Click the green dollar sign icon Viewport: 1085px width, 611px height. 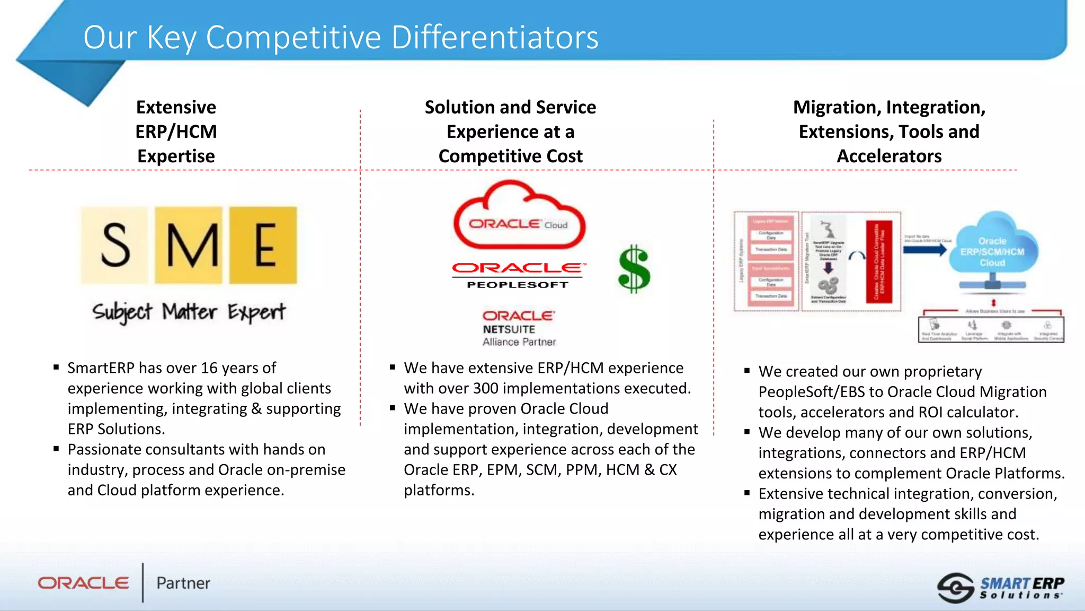[x=634, y=269]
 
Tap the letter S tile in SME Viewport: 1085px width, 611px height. [x=115, y=245]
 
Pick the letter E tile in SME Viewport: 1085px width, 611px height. [x=264, y=245]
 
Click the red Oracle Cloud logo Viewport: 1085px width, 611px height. [x=519, y=217]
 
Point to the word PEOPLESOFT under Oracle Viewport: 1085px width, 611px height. [x=518, y=285]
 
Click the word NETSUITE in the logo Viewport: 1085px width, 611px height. [x=509, y=329]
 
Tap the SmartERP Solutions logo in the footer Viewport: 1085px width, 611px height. [x=1000, y=588]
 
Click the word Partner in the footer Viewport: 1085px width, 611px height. [x=183, y=583]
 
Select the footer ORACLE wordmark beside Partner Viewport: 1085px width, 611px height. [x=84, y=583]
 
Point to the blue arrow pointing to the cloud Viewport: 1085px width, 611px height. [x=924, y=250]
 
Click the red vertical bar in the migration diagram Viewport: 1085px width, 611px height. [x=879, y=261]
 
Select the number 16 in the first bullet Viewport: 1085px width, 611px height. [x=209, y=368]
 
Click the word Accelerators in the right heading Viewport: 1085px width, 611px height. [x=889, y=156]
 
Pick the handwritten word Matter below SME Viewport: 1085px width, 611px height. [x=189, y=312]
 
